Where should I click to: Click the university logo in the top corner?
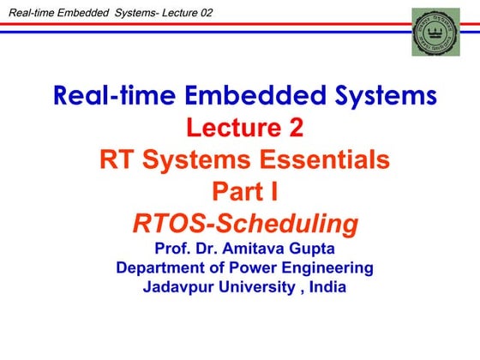tap(435, 32)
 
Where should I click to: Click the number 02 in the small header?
tap(203, 11)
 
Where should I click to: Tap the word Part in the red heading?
tap(232, 192)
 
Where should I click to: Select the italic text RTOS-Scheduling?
tap(244, 224)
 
